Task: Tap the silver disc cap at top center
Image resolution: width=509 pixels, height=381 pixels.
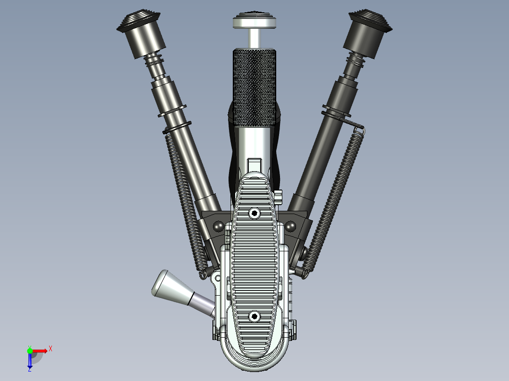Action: (x=254, y=22)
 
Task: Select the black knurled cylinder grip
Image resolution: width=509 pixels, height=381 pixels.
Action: (x=254, y=87)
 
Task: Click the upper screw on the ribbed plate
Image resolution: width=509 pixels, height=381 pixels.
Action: (x=254, y=214)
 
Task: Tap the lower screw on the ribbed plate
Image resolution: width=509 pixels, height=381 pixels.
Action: (x=254, y=316)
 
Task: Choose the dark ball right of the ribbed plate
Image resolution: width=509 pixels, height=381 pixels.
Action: (x=290, y=227)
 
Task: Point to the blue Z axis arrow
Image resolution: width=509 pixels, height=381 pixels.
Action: (x=30, y=361)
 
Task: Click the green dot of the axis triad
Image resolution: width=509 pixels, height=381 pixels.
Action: (x=30, y=350)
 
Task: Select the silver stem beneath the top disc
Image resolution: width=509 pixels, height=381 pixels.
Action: (x=254, y=38)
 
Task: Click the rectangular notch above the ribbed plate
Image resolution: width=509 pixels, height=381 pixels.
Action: (x=254, y=164)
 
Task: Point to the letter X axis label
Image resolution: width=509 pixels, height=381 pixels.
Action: (x=51, y=348)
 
